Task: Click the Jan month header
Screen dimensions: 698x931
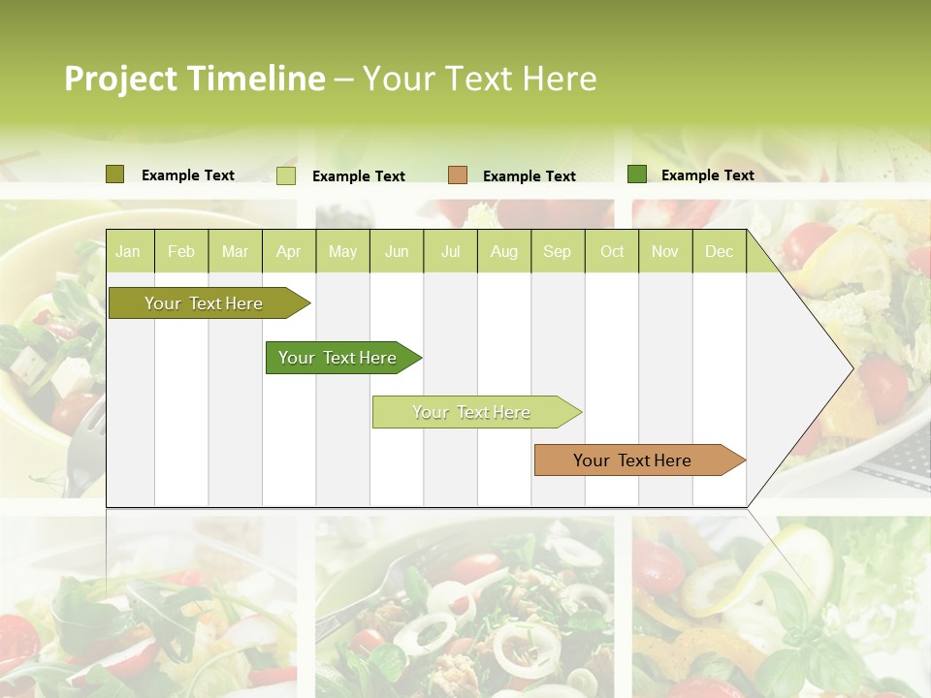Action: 128,252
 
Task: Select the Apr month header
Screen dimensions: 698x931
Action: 288,252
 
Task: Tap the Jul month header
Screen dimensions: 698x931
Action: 450,252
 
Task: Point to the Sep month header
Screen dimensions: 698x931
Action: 557,252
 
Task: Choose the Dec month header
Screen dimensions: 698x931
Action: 719,252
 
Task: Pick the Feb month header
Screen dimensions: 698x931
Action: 181,252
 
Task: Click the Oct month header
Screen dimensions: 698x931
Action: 612,252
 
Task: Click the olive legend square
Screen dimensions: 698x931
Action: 115,174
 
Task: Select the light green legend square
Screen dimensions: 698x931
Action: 286,175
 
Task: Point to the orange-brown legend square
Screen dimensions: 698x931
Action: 458,175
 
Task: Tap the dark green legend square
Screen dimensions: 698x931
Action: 637,174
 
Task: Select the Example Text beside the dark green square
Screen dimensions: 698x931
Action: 707,175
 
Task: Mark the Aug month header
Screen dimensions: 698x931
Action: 503,252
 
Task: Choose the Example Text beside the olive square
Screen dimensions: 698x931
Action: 188,175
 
